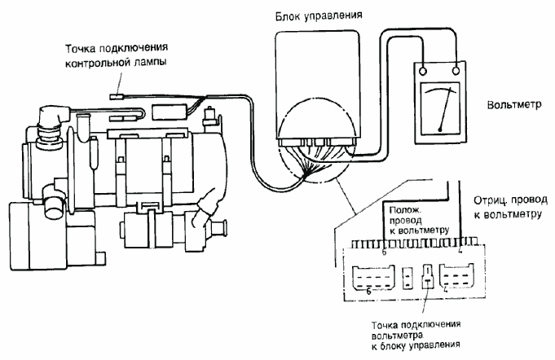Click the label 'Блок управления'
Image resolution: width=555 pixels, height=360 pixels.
(319, 15)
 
